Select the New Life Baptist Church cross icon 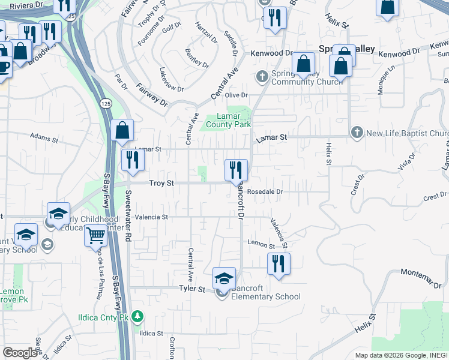[x=357, y=133]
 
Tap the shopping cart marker [x=95, y=236]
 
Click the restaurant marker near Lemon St [x=279, y=263]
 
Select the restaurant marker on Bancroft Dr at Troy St [x=236, y=169]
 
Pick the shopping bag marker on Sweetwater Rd [x=122, y=130]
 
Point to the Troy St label [x=161, y=183]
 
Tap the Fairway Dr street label [x=151, y=94]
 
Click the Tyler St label [x=192, y=289]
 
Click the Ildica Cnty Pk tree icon [x=138, y=316]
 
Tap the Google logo [x=20, y=353]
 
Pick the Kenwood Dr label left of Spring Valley [x=271, y=53]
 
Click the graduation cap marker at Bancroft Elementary [x=223, y=278]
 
